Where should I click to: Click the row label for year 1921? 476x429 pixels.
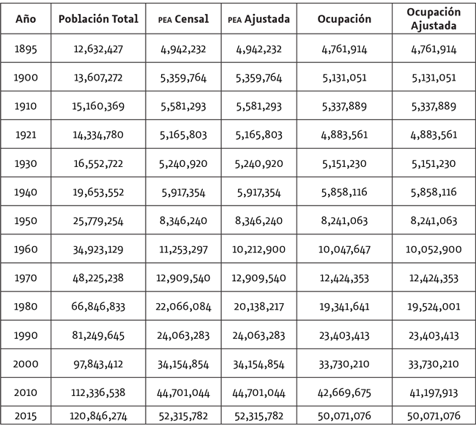(25, 135)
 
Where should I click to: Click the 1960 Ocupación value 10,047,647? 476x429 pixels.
(348, 250)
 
